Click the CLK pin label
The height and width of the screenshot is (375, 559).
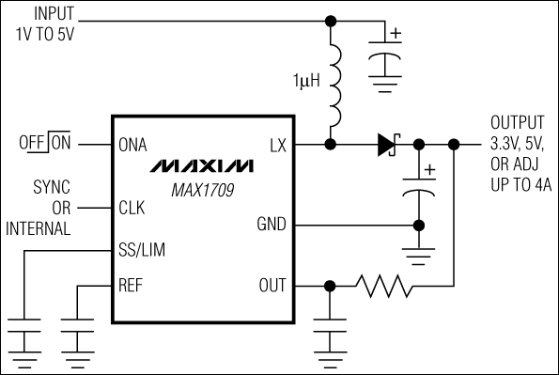pos(132,208)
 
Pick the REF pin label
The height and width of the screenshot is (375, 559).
pos(132,286)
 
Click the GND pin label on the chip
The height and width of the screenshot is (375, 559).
pos(273,225)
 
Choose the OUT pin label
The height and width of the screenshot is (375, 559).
pos(273,286)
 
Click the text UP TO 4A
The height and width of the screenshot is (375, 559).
pos(520,186)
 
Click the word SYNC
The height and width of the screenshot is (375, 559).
pos(53,187)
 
